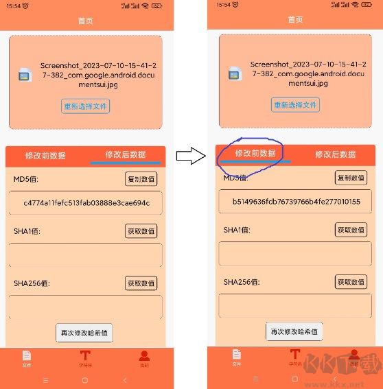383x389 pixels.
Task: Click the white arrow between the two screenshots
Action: coord(191,156)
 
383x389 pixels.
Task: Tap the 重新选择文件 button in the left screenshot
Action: coord(86,106)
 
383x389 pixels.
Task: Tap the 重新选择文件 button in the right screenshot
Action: coord(296,105)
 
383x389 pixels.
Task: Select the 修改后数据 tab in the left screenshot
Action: coord(125,155)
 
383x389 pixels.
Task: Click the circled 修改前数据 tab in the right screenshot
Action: coord(255,154)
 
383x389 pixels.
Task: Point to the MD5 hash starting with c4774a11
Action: coord(86,203)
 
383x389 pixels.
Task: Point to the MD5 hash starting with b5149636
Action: coord(296,202)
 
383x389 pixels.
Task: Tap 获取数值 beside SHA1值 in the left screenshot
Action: coord(141,231)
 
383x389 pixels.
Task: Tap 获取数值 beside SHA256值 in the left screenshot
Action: coord(141,283)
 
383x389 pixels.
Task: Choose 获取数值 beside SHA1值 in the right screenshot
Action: coord(351,230)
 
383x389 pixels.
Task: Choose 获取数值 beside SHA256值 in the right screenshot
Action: coord(351,282)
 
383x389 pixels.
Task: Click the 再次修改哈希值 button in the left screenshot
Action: coord(84,333)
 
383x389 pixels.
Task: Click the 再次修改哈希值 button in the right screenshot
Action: coord(294,331)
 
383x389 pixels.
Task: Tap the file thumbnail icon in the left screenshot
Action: coord(25,75)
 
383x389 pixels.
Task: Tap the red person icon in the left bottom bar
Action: coord(144,357)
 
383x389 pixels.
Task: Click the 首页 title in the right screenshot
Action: coord(296,20)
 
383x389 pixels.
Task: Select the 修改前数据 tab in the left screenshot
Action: coord(45,155)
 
